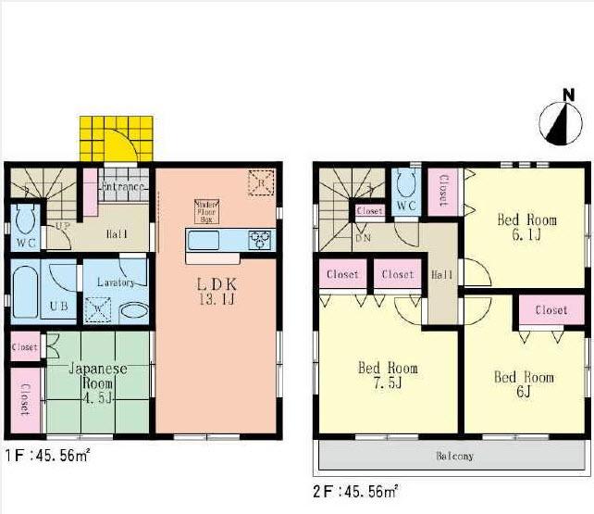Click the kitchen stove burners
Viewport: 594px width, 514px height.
click(x=258, y=241)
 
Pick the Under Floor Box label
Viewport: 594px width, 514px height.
click(x=204, y=212)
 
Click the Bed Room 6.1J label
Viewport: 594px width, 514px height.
click(x=526, y=227)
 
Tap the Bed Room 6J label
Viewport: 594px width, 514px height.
click(x=523, y=384)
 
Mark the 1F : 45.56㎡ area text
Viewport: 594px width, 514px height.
click(x=47, y=457)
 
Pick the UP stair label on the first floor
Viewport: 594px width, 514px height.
click(x=64, y=226)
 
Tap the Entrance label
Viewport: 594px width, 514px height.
click(x=123, y=187)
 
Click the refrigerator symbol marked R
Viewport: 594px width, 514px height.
click(x=262, y=182)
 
